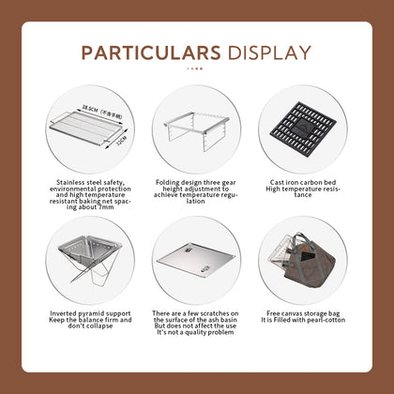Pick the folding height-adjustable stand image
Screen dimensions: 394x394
(197, 124)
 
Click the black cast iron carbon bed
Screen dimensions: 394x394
(301, 124)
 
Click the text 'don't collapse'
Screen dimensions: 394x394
(92, 326)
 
